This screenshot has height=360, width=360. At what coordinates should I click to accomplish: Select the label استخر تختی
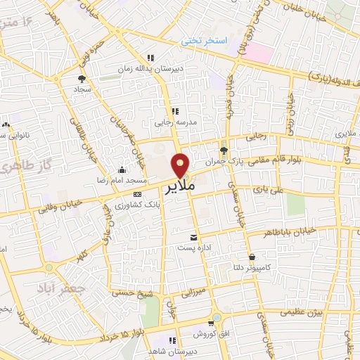click(204, 41)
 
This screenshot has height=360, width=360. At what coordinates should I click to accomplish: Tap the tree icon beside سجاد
click(81, 79)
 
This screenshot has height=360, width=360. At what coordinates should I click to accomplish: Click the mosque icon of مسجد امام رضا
click(123, 169)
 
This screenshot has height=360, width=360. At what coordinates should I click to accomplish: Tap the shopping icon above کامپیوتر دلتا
click(252, 257)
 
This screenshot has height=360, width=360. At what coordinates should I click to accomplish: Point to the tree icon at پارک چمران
click(224, 150)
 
